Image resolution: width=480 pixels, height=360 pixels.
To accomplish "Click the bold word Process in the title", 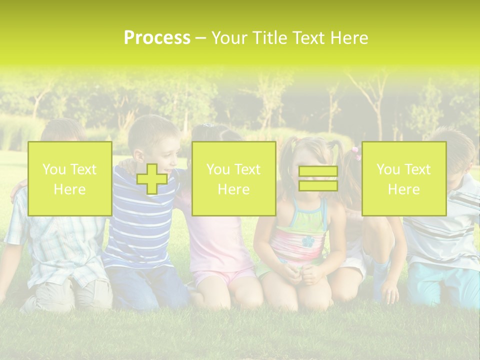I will click(157, 38).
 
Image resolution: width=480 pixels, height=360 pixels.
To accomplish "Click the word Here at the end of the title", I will click(349, 38).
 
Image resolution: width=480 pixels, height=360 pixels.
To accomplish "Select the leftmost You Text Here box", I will click(69, 179).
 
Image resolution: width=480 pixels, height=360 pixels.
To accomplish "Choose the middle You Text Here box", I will click(233, 179).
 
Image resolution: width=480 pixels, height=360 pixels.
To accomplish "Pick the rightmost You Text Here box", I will click(403, 179).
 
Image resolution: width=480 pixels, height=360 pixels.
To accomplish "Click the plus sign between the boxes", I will click(152, 179).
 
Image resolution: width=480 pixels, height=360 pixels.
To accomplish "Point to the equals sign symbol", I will click(318, 179).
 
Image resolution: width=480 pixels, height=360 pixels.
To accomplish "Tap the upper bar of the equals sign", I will click(318, 171).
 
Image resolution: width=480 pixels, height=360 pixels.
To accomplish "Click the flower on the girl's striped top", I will click(308, 241).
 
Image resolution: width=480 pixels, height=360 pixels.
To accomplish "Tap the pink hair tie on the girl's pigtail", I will click(356, 153).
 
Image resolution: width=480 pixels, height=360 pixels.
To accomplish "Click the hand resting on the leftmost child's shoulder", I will click(19, 186).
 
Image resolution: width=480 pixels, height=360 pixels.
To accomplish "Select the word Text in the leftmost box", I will click(83, 169).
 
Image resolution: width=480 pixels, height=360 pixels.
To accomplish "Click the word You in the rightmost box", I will click(388, 169).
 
